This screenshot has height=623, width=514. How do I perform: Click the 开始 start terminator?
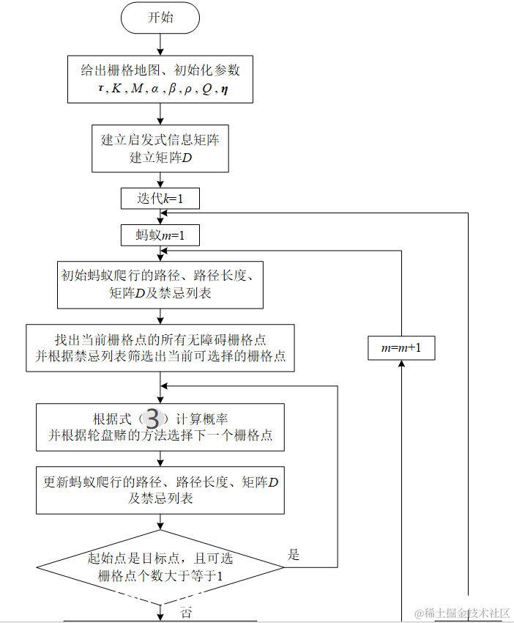160,18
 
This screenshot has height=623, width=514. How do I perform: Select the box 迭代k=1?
160,199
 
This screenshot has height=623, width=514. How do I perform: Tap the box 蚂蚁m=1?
160,235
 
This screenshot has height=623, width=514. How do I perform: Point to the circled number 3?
152,419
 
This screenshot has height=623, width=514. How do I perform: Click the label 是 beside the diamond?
294,555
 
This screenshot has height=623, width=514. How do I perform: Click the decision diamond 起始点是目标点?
160,567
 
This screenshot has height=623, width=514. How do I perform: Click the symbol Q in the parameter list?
208,89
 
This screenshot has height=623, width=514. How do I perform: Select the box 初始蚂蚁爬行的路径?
160,284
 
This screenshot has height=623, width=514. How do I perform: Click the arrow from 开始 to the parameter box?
160,44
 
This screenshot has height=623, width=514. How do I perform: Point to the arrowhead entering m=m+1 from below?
401,365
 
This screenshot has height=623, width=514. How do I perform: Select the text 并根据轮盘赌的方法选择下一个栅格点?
160,435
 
